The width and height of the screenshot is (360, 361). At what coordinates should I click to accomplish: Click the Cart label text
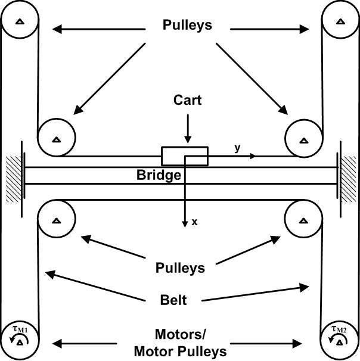point(187,100)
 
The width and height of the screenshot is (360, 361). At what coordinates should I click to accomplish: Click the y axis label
point(237,148)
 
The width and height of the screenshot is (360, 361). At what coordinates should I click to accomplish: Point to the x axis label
point(194,222)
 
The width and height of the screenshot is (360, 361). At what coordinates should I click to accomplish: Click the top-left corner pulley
point(19,21)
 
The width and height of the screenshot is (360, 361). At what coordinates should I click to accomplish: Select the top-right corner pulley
point(340,21)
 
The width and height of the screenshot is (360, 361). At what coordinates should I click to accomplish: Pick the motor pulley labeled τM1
point(19,341)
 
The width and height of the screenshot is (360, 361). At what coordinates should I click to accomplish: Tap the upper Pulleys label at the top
point(187,26)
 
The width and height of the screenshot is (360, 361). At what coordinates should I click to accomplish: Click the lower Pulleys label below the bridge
point(180,267)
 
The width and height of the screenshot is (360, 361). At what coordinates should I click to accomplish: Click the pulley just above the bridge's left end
point(55,139)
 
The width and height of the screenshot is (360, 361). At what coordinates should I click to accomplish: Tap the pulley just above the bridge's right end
point(303,139)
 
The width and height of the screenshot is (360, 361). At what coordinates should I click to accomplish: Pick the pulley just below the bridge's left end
point(55,220)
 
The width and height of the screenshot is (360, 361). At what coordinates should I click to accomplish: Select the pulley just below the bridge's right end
point(303,220)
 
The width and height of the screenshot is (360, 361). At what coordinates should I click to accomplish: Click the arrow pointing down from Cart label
point(187,127)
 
